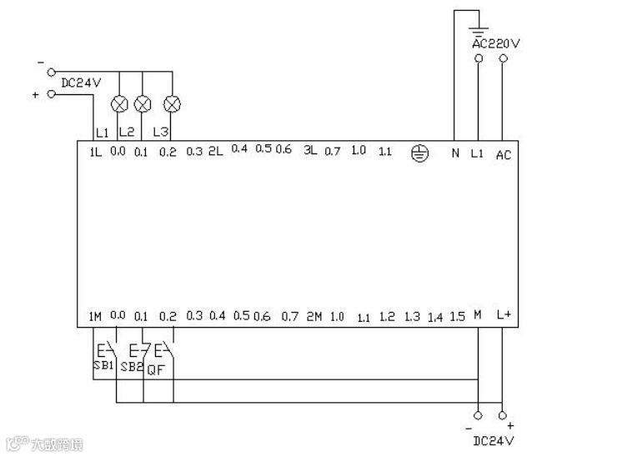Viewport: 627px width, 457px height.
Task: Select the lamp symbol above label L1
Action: click(119, 104)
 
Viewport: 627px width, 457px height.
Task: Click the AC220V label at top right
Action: click(496, 43)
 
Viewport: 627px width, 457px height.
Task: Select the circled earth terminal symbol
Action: click(421, 153)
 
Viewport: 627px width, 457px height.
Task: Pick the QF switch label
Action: click(156, 369)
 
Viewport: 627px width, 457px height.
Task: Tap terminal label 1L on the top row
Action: click(95, 152)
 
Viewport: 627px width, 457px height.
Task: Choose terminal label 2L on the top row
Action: click(215, 151)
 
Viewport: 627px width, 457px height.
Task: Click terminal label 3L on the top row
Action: click(310, 151)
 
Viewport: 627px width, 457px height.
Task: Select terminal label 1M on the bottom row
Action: click(94, 316)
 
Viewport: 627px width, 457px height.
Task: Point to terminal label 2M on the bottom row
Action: click(313, 317)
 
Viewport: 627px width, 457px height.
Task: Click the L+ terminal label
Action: click(504, 315)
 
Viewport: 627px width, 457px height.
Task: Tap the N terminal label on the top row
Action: click(454, 153)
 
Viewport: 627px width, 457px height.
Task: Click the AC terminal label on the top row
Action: click(504, 154)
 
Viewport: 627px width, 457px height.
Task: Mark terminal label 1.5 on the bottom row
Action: click(457, 317)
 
